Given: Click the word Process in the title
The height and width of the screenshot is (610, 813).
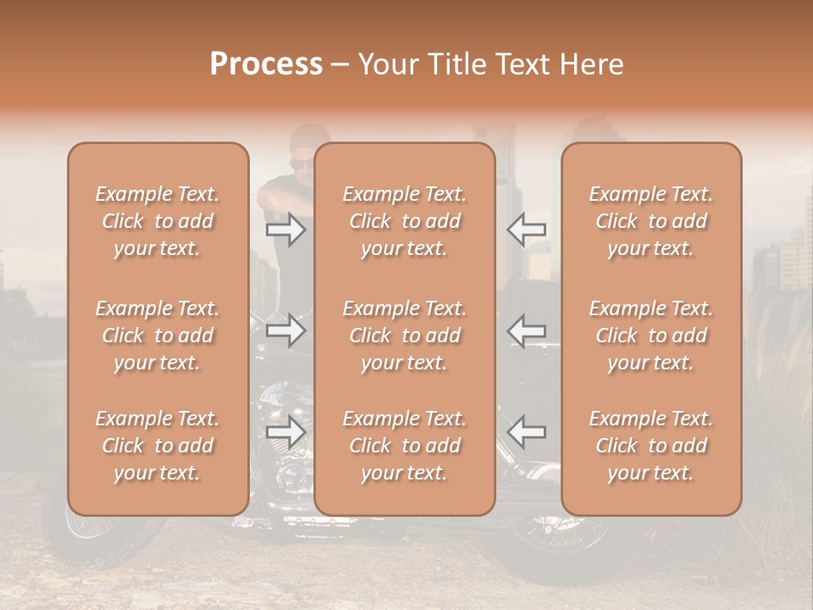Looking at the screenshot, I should (266, 64).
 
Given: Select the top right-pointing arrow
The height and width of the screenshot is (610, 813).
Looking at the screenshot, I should (285, 230).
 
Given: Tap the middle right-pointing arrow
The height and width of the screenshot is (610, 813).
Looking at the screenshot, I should (285, 330).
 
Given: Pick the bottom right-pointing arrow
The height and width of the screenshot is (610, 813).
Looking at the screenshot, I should (285, 432).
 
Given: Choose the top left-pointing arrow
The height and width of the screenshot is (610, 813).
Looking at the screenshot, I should (526, 230).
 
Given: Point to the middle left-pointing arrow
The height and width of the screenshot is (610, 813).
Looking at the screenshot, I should (526, 330).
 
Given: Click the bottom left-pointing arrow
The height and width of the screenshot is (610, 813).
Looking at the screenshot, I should (526, 432).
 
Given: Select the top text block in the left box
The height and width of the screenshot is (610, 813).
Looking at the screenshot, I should (158, 221).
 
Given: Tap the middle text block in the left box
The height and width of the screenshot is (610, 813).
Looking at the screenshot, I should (158, 335).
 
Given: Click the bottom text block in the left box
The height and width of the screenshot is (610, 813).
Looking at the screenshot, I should (158, 446).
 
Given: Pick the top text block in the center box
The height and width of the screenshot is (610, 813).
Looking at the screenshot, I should (405, 221).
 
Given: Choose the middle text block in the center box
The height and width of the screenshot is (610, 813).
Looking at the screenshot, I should (405, 335).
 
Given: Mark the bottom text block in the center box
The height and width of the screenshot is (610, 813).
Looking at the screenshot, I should (405, 446).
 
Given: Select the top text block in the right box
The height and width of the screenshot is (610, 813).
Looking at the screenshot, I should (651, 221).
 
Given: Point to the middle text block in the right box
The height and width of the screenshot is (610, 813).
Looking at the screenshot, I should (651, 335).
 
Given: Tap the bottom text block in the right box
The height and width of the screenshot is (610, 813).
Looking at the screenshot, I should (651, 446).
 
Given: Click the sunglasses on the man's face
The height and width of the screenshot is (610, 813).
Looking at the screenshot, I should (301, 164).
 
